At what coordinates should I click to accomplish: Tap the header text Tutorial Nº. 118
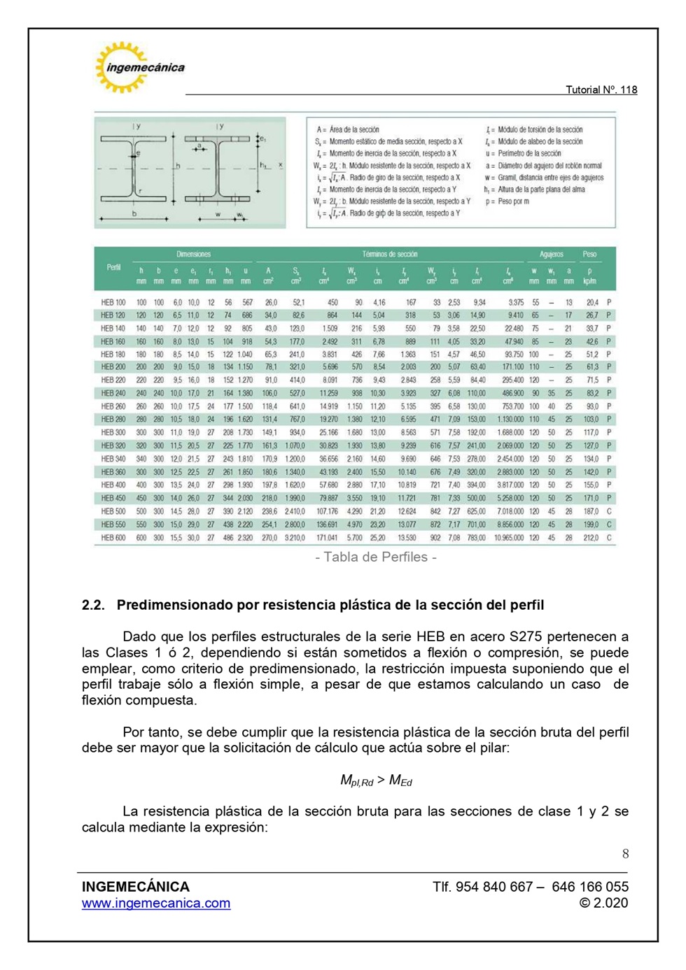click(x=601, y=90)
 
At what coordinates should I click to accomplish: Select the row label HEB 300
click(x=113, y=432)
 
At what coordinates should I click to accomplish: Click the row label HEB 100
click(x=113, y=302)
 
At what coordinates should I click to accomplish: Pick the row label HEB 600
click(x=113, y=538)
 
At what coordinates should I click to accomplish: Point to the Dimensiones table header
click(x=193, y=254)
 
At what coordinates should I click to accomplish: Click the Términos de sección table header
click(x=389, y=254)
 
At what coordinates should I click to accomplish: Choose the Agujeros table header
click(x=551, y=254)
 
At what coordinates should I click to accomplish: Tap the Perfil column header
click(x=113, y=267)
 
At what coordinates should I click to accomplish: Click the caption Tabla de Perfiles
click(x=376, y=557)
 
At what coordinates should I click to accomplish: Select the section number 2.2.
click(x=93, y=605)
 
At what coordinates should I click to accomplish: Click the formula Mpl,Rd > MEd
click(x=376, y=780)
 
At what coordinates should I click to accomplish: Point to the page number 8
click(x=625, y=853)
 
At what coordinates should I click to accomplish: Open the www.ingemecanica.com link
click(x=156, y=903)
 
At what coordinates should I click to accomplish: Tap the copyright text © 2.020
click(x=603, y=903)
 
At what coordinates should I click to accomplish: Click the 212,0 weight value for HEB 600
click(x=591, y=538)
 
